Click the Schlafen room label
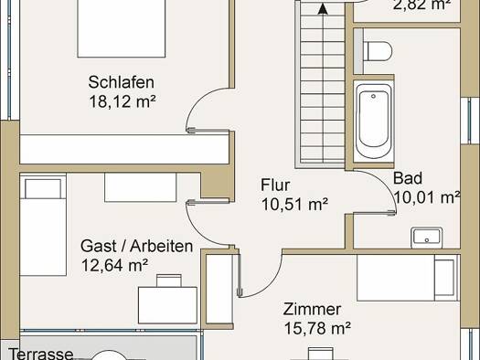coord(122,82)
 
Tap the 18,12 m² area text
coord(123,101)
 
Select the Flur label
coord(275,185)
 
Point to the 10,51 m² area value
coord(294,204)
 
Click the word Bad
coord(408,178)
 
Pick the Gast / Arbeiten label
coord(136,246)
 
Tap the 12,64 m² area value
coord(115,265)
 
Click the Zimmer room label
coord(312,309)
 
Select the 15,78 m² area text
coord(317,328)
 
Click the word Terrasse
coord(41,354)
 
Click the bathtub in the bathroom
coord(373,121)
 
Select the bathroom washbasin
coord(427,238)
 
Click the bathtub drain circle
coord(373,96)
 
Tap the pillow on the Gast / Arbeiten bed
coord(43,189)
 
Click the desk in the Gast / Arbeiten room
coord(167,305)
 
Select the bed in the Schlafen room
coord(122,28)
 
